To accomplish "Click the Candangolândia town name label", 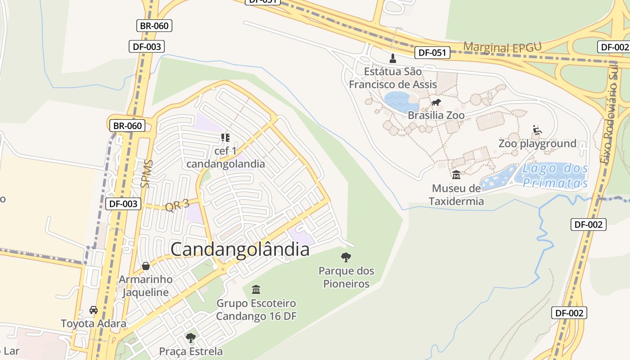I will click(240, 249).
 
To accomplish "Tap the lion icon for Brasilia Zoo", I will click(436, 103).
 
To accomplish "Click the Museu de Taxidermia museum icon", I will click(456, 175).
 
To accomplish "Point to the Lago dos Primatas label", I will click(555, 175).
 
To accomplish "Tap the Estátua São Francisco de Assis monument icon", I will click(393, 58).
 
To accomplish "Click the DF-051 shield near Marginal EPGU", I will click(432, 53).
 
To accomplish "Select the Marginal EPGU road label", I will click(502, 47).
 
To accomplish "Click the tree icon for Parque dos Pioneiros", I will click(346, 257).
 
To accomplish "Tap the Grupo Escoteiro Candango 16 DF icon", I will click(256, 289).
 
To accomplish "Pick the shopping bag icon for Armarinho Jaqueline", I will click(145, 266).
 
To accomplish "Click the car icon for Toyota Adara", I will click(94, 310).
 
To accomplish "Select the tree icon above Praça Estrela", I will click(191, 337).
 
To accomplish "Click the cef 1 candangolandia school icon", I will click(225, 137).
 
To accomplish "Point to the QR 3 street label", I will click(177, 206).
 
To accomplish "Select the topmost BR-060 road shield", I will click(154, 26).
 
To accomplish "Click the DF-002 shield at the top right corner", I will click(613, 47).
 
